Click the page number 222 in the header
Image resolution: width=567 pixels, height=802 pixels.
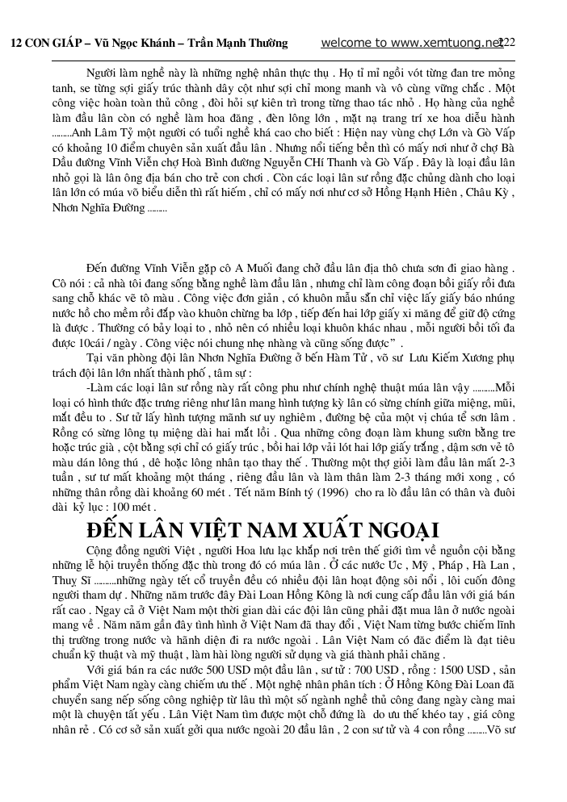pos(507,43)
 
